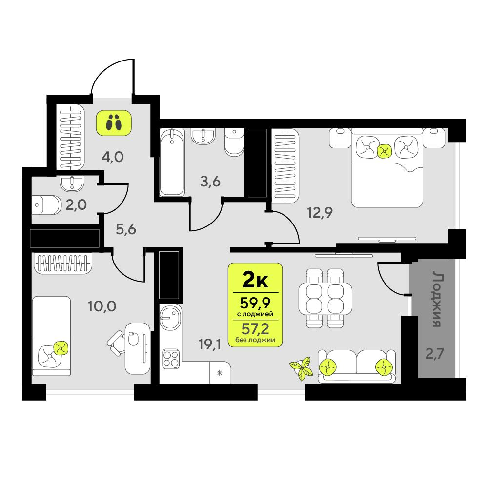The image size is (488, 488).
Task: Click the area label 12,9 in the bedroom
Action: (320, 213)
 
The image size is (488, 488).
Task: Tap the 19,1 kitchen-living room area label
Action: (209, 344)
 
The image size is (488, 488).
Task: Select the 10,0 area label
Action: (102, 306)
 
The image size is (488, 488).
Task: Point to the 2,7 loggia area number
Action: (434, 354)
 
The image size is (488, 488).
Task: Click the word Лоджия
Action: (438, 299)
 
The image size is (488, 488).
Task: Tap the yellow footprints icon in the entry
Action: (114, 122)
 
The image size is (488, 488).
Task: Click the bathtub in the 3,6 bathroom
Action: (172, 162)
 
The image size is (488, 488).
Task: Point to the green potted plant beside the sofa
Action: (301, 368)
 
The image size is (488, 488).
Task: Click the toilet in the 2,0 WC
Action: (47, 205)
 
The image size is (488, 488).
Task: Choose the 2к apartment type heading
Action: (255, 281)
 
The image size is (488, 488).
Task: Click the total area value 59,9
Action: (255, 303)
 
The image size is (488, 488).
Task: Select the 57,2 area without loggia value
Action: (255, 328)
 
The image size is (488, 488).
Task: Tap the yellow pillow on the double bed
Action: (385, 151)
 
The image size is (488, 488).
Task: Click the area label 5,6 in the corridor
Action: (126, 229)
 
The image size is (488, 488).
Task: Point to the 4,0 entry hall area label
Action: (113, 157)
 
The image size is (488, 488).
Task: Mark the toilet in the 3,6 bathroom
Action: (234, 142)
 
